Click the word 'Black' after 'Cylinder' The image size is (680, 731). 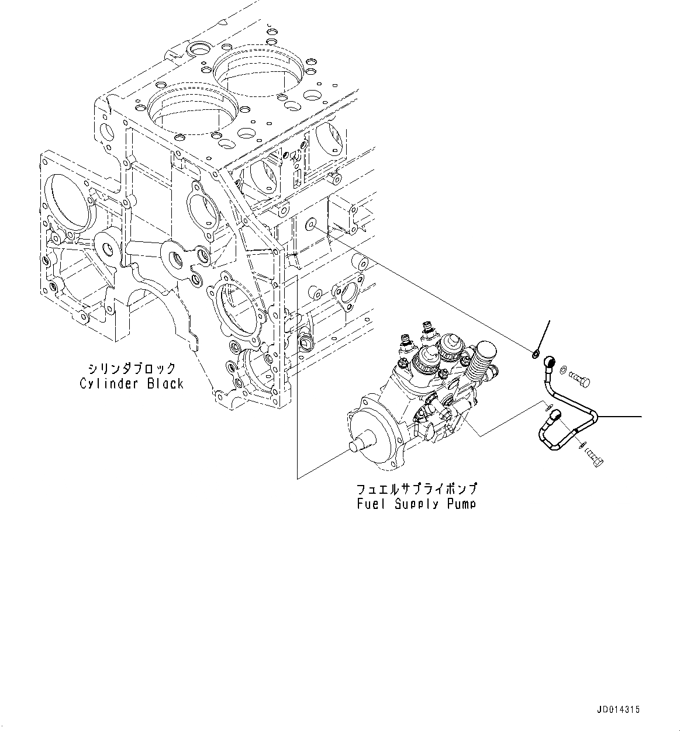(164, 384)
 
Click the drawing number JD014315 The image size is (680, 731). (619, 710)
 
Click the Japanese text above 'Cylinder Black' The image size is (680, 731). (132, 369)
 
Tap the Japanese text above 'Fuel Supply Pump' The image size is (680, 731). (417, 489)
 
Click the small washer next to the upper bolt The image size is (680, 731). (562, 369)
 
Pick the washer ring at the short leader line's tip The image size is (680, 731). (536, 353)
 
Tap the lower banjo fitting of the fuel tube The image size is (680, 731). (555, 415)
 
